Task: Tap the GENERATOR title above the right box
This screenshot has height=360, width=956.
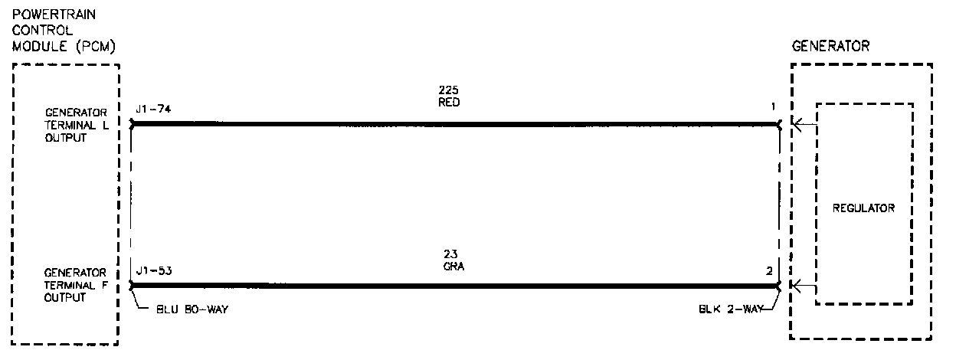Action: (x=830, y=46)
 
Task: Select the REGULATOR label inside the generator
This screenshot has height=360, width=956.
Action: (x=863, y=208)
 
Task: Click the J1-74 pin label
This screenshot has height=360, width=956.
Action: (x=152, y=110)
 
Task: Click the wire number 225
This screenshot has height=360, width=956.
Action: (x=449, y=90)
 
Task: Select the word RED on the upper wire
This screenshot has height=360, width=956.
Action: (x=450, y=102)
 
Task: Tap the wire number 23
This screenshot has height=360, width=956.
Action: (x=450, y=254)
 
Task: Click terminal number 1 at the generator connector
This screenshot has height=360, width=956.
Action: (x=774, y=110)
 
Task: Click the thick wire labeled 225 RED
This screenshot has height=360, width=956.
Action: (x=456, y=123)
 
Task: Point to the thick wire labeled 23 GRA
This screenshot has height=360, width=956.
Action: (x=456, y=286)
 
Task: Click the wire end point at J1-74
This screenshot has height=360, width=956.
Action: (x=133, y=123)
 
